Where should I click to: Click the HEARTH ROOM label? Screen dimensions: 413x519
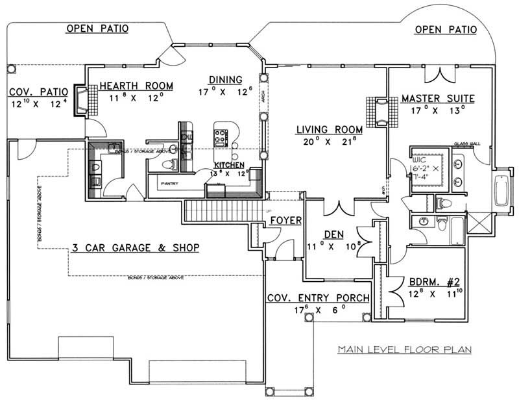tap(131, 86)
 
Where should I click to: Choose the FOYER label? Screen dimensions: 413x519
tap(285, 221)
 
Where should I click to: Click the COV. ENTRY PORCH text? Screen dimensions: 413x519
tap(318, 297)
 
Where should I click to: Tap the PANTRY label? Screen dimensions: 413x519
tap(169, 184)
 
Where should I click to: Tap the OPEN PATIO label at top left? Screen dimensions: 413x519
tap(97, 29)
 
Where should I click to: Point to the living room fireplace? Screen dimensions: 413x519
tap(380, 110)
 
